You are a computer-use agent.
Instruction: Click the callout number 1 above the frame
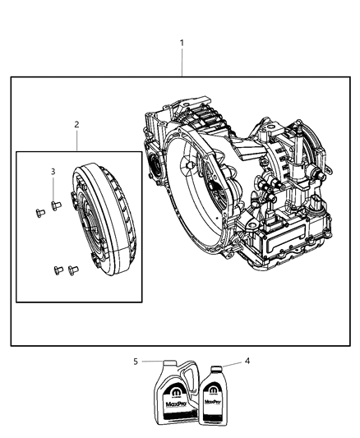(182, 43)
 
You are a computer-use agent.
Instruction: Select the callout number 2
(76, 125)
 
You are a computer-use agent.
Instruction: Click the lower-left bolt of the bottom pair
(58, 269)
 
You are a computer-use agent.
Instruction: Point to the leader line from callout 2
(76, 140)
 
